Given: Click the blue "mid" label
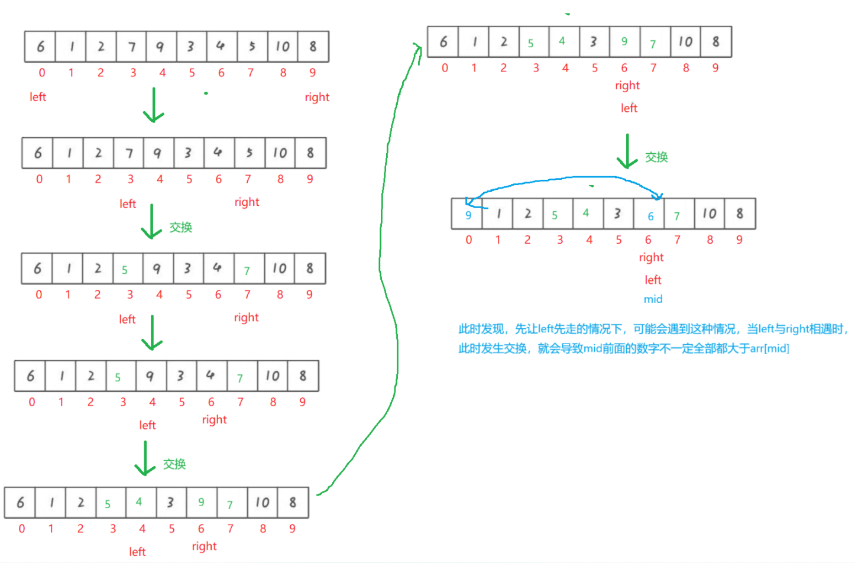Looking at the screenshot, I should click(653, 299).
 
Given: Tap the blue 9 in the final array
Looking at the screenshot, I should click(468, 215).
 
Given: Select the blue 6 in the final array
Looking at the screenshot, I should click(650, 216).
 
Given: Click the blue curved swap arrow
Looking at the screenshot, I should click(568, 178).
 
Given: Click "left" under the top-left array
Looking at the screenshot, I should click(38, 97).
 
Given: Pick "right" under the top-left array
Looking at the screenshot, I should click(317, 98).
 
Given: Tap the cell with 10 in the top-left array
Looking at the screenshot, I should click(283, 47).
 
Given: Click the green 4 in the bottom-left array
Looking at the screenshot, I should click(139, 502).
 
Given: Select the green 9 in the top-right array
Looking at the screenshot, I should click(624, 41).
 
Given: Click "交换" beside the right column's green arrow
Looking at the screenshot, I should click(656, 157).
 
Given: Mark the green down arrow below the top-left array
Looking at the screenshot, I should click(154, 105).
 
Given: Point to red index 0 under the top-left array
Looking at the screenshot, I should click(42, 73).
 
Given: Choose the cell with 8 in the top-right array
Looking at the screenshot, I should click(715, 42).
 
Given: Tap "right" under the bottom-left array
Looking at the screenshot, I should click(204, 546).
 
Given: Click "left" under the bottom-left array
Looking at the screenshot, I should click(137, 552).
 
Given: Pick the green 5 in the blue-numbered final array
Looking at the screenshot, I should click(555, 215).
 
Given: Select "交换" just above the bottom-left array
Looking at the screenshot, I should click(174, 464).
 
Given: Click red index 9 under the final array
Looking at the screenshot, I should click(739, 240).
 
